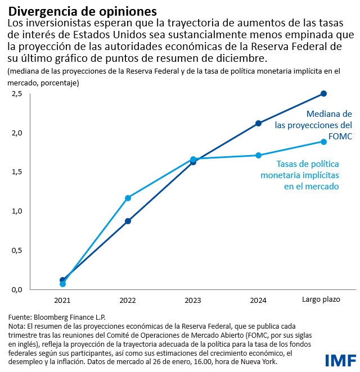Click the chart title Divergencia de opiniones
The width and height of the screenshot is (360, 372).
point(82,11)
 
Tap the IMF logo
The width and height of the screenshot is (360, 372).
point(339,360)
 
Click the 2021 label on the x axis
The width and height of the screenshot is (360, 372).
point(62,300)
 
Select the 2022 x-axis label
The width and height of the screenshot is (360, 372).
point(128,300)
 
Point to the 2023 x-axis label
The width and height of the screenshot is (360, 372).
point(193,300)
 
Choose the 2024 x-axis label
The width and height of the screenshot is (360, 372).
point(258,300)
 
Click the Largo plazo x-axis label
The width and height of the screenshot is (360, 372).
point(321,300)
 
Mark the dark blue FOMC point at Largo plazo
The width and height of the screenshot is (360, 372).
point(323,93)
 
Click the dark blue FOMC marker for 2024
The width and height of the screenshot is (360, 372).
point(258,123)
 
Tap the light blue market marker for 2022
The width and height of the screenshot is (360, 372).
point(128,198)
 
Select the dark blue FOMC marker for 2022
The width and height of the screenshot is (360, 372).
point(128,221)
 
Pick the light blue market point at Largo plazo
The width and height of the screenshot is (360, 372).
point(323,142)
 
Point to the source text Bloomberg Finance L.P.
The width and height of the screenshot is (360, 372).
point(70,317)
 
